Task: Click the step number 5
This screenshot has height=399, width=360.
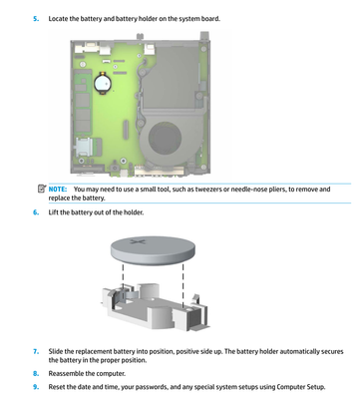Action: click(36, 19)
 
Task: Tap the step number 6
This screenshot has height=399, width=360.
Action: click(36, 212)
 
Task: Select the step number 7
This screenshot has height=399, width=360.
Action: click(36, 351)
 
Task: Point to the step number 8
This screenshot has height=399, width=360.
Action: click(36, 373)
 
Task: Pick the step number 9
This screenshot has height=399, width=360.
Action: click(36, 387)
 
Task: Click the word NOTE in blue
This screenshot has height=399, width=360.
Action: click(58, 190)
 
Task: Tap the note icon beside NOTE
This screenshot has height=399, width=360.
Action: click(42, 189)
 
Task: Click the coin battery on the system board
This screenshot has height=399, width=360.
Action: click(103, 83)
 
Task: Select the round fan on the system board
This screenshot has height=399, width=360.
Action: click(165, 138)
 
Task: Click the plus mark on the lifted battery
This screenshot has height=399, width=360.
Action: click(138, 240)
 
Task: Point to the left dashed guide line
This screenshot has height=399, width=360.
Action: click(123, 281)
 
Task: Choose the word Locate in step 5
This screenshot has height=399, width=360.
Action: click(58, 19)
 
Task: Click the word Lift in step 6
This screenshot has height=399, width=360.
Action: click(53, 212)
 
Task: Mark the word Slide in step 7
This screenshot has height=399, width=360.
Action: click(56, 351)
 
